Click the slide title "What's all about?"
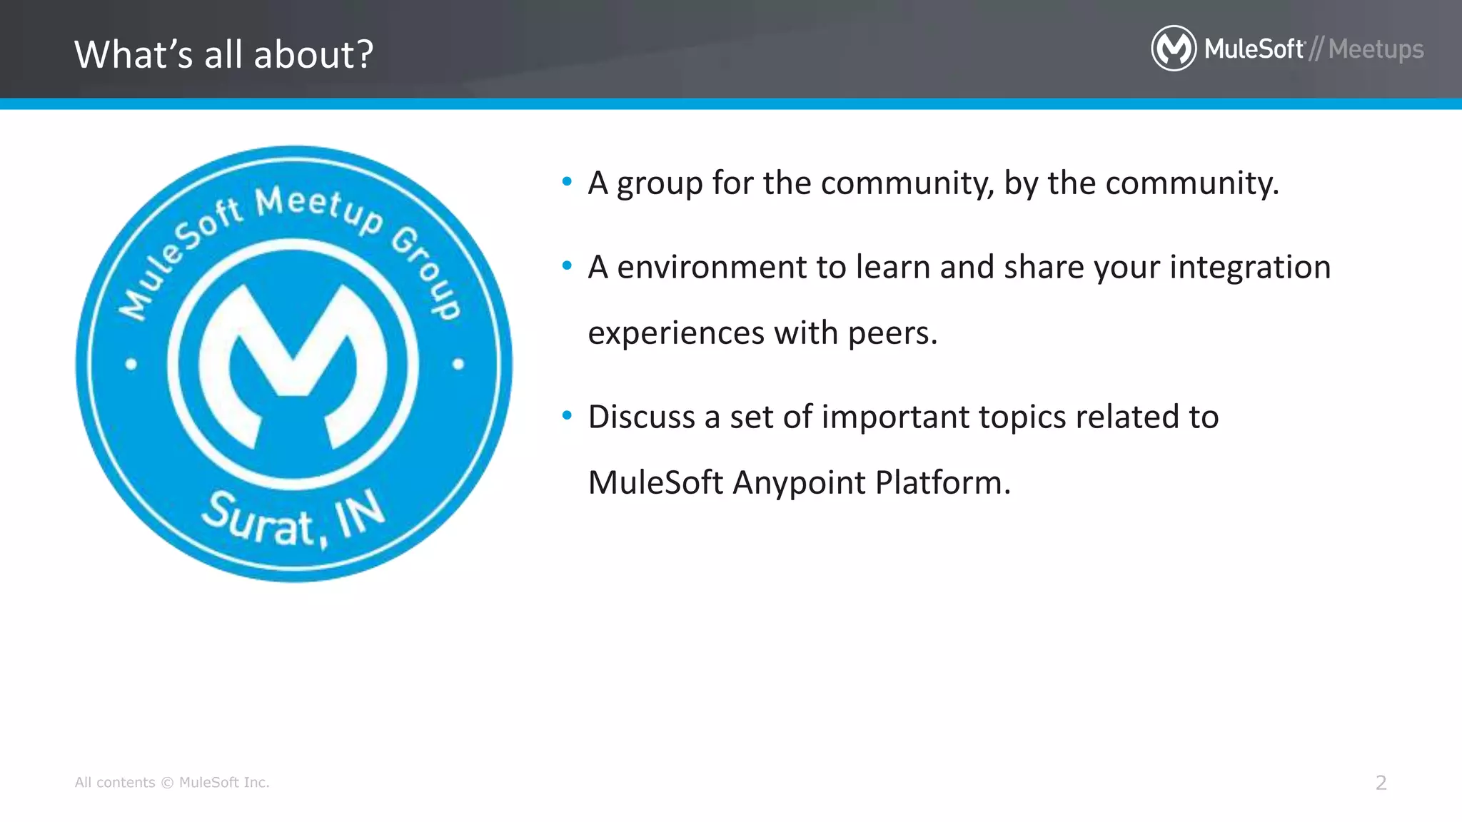pyautogui.click(x=223, y=54)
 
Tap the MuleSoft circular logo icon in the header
pyautogui.click(x=1174, y=49)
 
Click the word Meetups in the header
pyautogui.click(x=1376, y=49)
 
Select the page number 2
pyautogui.click(x=1381, y=783)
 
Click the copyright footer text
pyautogui.click(x=172, y=783)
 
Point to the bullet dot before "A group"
pyautogui.click(x=567, y=182)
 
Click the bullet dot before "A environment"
pyautogui.click(x=567, y=266)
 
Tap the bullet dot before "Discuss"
pyautogui.click(x=567, y=415)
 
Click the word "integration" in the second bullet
pyautogui.click(x=1249, y=268)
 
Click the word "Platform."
pyautogui.click(x=942, y=483)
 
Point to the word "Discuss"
pyautogui.click(x=641, y=417)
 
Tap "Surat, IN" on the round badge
pyautogui.click(x=293, y=519)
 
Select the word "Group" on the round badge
pyautogui.click(x=427, y=271)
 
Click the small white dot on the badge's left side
pyautogui.click(x=131, y=364)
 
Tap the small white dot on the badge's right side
pyautogui.click(x=458, y=364)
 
